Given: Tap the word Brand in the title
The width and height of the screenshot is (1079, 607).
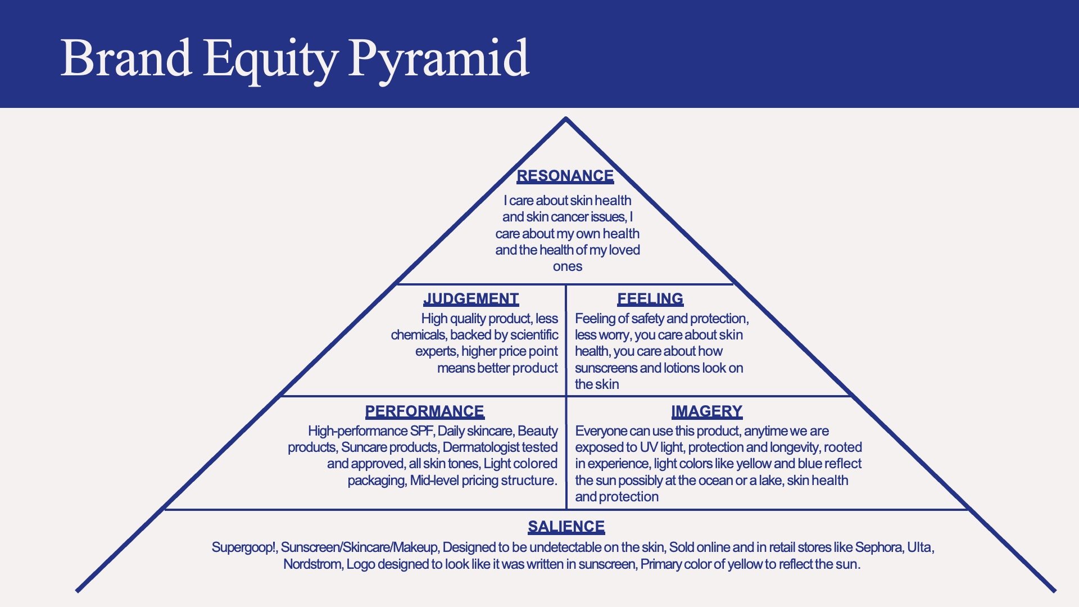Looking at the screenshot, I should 126,58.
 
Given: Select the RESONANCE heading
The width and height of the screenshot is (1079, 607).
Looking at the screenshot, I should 565,176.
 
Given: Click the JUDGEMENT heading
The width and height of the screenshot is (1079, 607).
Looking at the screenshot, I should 471,298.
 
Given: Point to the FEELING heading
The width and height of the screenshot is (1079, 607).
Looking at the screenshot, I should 650,298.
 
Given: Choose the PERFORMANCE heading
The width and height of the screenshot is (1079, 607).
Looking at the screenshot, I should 424,411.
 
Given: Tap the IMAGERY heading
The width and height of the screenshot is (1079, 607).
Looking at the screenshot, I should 706,411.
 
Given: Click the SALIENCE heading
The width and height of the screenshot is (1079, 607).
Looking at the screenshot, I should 566,527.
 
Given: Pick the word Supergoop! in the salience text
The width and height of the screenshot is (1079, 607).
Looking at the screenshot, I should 244,547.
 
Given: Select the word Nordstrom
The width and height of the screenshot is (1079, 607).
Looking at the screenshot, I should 312,564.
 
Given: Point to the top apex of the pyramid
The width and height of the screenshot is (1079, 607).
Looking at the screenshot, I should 566,118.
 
